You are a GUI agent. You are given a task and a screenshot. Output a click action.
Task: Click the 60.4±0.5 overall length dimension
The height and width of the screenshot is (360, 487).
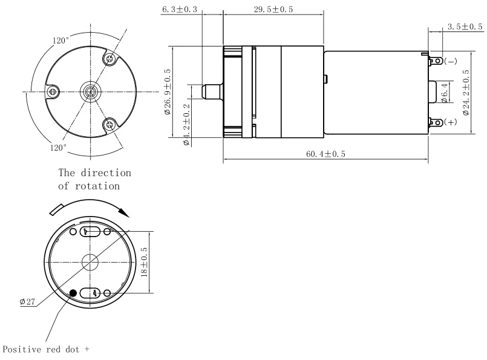pos(325,154)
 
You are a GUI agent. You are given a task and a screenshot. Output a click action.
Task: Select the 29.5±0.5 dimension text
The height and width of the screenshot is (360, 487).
pos(273,9)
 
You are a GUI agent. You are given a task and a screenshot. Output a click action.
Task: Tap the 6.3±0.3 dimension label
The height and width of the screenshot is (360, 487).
pos(180,9)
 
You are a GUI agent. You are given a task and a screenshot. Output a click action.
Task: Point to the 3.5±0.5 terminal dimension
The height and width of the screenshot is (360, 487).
pos(465,27)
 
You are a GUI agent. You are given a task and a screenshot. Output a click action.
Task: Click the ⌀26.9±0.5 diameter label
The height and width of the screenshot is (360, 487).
pos(168,91)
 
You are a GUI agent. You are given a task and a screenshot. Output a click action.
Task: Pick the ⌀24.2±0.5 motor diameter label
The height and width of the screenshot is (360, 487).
pos(466,93)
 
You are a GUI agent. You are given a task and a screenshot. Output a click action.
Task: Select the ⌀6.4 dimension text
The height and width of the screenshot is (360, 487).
pos(445,93)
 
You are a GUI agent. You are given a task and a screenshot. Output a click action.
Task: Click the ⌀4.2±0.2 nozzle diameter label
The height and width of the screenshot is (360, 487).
pos(186,125)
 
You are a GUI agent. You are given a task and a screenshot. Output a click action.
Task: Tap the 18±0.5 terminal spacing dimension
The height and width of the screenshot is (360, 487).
pos(144,262)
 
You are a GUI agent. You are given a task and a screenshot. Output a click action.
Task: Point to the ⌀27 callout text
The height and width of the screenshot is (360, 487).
pos(27,301)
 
